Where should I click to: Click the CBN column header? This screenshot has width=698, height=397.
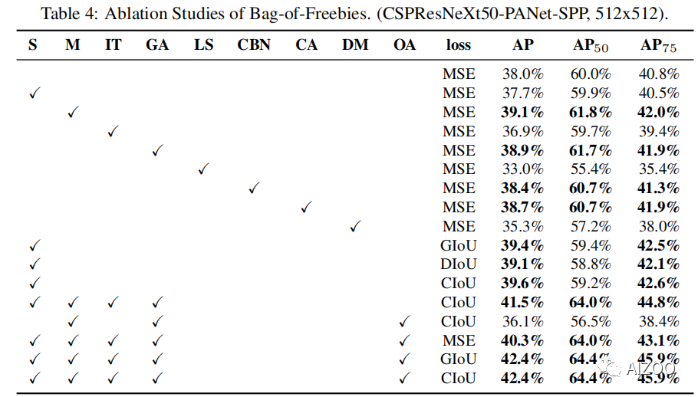tap(254, 44)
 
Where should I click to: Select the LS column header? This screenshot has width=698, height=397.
tap(203, 44)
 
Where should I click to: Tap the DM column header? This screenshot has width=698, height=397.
tap(355, 44)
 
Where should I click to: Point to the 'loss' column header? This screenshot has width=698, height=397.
tap(459, 44)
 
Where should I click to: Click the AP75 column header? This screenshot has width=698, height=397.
tap(658, 45)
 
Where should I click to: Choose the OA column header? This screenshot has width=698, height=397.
tap(404, 44)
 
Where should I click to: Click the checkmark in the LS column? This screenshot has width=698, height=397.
tap(203, 169)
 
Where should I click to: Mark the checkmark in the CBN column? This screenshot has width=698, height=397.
tap(254, 189)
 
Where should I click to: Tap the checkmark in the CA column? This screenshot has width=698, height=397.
tap(306, 208)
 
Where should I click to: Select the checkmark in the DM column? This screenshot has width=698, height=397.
tap(355, 227)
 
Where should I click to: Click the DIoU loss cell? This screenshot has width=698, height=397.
tap(459, 264)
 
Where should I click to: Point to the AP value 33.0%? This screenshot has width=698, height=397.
tap(522, 169)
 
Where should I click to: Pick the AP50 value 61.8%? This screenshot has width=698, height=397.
tap(590, 113)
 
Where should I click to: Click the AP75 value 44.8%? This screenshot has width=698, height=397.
tap(658, 303)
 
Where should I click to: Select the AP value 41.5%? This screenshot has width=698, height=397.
tap(522, 303)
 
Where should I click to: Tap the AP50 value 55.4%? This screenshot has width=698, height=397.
tap(590, 169)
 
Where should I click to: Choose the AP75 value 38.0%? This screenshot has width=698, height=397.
tap(658, 227)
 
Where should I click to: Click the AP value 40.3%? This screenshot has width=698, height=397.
tap(522, 340)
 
